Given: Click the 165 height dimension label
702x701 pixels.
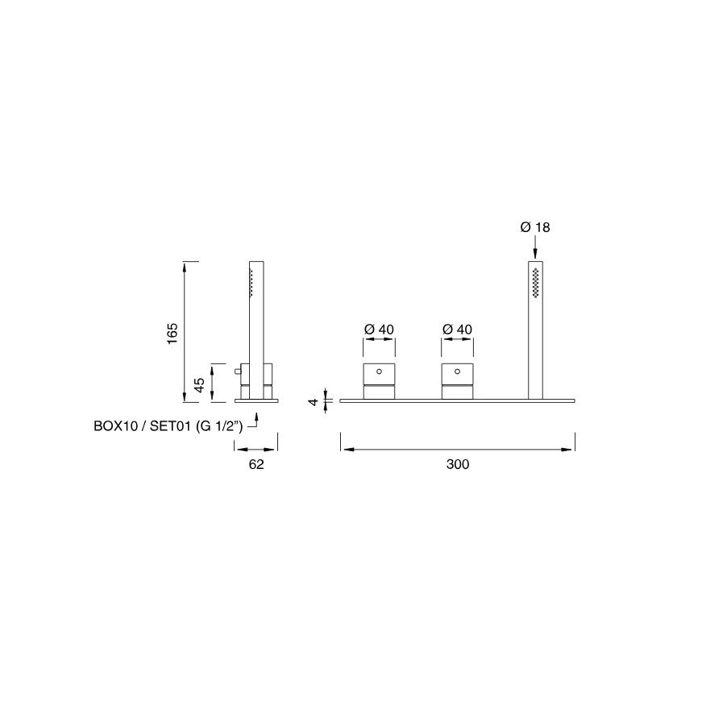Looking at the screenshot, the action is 172,334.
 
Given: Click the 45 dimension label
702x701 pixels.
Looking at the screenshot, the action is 199,385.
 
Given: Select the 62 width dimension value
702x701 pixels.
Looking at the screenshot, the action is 256,464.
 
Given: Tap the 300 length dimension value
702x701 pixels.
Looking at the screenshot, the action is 458,464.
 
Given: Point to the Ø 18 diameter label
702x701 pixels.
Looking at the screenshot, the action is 535,227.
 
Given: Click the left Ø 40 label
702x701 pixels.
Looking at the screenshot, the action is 379,330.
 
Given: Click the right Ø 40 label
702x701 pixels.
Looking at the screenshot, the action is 457,330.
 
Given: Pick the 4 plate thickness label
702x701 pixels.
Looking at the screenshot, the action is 314,401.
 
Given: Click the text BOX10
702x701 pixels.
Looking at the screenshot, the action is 115,425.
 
